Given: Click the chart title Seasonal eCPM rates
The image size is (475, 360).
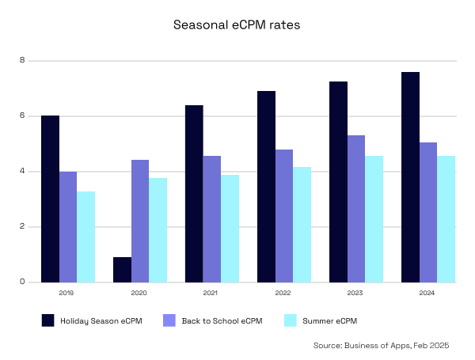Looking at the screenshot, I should pos(237,25).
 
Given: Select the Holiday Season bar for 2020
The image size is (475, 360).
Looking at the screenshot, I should pos(122,270).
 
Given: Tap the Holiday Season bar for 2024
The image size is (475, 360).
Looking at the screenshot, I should pos(410,177).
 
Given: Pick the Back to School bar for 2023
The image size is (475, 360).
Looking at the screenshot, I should pos(356,209).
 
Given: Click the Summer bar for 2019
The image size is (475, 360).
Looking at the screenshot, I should pos(85,237).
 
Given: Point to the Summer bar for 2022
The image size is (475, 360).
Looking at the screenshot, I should pos(302,225).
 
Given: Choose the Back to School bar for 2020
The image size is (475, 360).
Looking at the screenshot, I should pos(140,221).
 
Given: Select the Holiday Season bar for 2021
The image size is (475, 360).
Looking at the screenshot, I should pos(194,194).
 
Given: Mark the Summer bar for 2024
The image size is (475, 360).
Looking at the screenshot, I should pos(446,219).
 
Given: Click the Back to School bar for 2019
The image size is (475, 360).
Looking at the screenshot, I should pos(68,227).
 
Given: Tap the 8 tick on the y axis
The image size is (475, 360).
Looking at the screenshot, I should pos(23,61).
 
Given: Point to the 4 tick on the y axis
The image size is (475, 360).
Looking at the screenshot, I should pos(23,172).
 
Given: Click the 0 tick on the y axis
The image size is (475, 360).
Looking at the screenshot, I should pos(23,282).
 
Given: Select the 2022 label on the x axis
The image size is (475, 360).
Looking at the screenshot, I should pos(283,293).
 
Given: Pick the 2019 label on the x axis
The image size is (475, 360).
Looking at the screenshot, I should pos(67,293).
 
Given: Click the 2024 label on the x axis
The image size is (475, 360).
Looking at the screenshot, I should pos(427,293).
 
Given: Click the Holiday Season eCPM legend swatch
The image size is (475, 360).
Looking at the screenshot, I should pos(47,320).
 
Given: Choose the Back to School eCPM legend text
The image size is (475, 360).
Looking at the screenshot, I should pos(222,320).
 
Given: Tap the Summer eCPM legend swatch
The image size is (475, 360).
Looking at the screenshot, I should pos(290,320).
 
